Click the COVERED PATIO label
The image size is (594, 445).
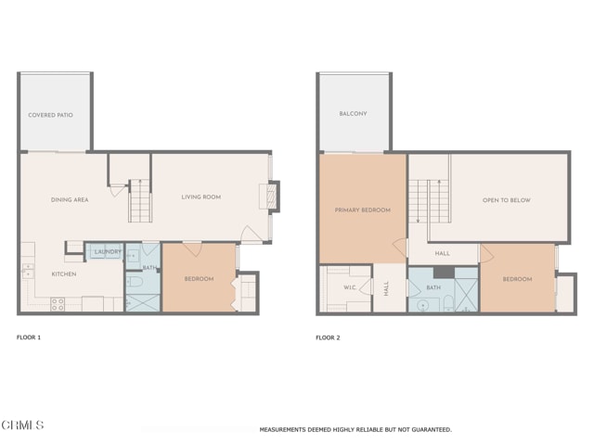(50, 115)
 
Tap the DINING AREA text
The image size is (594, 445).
(70, 199)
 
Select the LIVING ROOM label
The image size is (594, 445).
(200, 197)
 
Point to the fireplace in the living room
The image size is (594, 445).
(265, 196)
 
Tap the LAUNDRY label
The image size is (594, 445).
(108, 251)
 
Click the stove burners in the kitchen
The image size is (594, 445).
(58, 302)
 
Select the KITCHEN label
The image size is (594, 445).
(64, 274)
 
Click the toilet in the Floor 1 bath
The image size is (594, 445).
(134, 281)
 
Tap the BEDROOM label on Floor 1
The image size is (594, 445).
(199, 279)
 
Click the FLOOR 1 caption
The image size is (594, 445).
(29, 337)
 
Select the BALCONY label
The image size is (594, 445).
(353, 114)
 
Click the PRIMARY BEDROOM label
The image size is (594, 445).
(362, 210)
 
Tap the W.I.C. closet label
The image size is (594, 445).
(350, 287)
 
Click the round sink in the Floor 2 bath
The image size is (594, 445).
(423, 303)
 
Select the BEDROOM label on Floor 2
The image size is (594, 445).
(518, 279)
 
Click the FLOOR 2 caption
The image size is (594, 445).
(328, 337)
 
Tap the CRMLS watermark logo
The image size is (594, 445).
(22, 426)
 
